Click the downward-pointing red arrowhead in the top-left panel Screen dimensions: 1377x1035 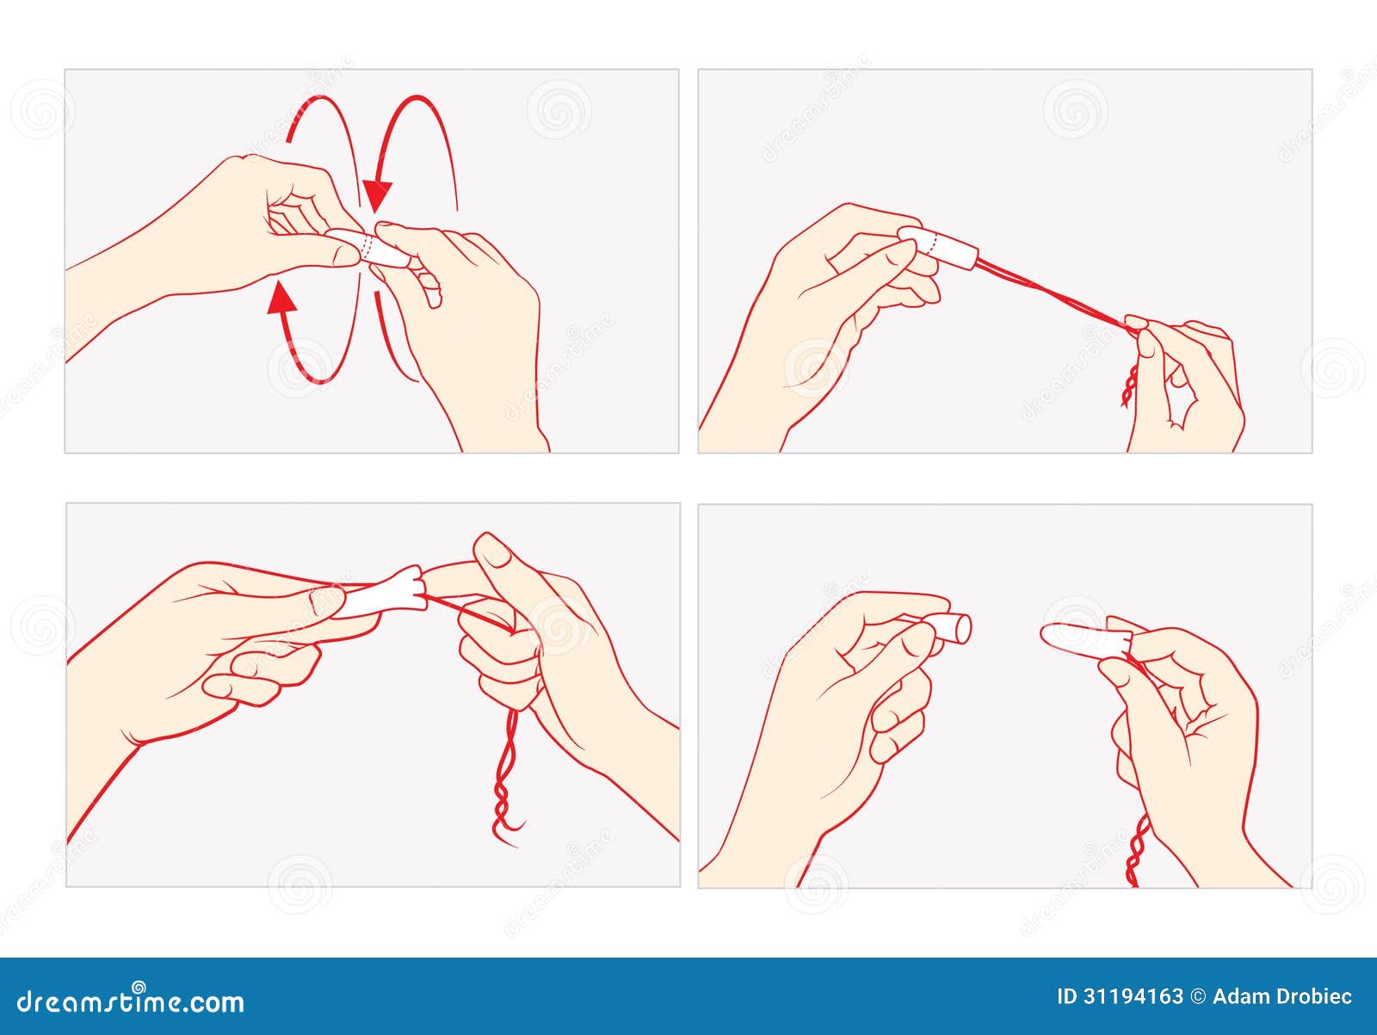[x=378, y=195]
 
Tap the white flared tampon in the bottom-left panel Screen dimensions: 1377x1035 [x=384, y=593]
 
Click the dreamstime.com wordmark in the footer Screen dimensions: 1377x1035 [x=130, y=1002]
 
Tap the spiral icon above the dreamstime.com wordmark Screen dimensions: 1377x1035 [x=139, y=987]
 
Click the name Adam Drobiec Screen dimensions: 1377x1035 [x=1282, y=997]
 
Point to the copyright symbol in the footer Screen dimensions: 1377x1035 [x=1198, y=997]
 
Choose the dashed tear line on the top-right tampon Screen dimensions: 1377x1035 [x=934, y=243]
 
